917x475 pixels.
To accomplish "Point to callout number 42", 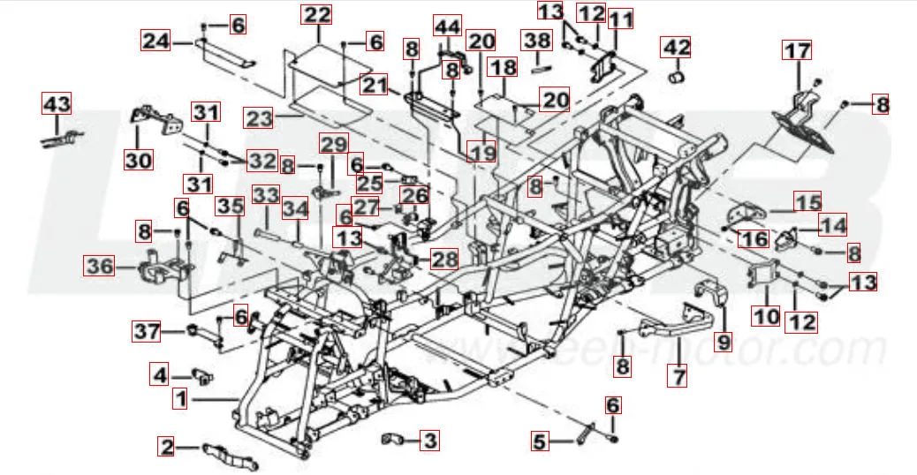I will pos(678,47).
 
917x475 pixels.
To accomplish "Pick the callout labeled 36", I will pos(99,265).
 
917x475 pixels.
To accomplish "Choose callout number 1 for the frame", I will pos(180,400).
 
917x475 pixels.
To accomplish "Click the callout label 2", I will pos(166,446).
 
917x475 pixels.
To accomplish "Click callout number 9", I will pos(724,338).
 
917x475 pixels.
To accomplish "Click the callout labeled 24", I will pos(156,41).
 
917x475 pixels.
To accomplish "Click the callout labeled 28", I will pos(445,259).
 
